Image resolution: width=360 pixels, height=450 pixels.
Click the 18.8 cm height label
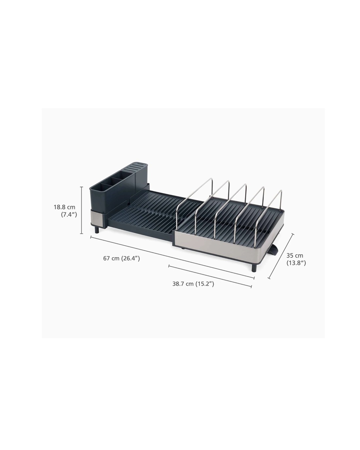coord(64,207)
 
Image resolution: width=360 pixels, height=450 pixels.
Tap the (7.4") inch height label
coord(69,214)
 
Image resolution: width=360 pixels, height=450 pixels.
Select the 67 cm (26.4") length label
coord(121,259)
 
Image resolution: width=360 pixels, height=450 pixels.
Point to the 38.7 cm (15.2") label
coord(193,284)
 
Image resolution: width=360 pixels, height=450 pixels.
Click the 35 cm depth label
coord(295,256)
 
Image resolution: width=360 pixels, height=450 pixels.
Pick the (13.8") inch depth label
coord(296,263)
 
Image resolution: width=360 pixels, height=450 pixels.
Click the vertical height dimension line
coord(81,210)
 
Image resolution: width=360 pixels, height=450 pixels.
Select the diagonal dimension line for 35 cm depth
coord(281,256)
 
